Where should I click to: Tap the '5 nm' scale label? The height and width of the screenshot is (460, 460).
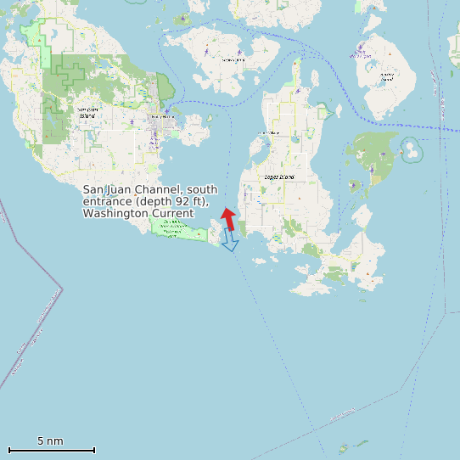pos(50,441)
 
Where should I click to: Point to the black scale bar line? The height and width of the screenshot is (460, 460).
pos(51,450)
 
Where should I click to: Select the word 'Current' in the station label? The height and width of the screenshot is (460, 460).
pos(173,213)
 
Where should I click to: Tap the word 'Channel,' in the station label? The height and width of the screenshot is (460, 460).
pos(160,189)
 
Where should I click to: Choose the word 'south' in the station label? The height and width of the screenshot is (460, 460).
pos(202,189)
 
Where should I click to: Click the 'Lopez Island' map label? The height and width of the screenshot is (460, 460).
pos(281,177)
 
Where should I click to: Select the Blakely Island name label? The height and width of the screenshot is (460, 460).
pos(387,76)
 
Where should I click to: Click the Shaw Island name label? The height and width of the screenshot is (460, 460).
pos(233,60)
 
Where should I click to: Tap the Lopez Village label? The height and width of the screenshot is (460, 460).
pos(269,133)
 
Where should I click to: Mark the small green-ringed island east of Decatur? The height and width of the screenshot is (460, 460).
pos(413,150)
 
